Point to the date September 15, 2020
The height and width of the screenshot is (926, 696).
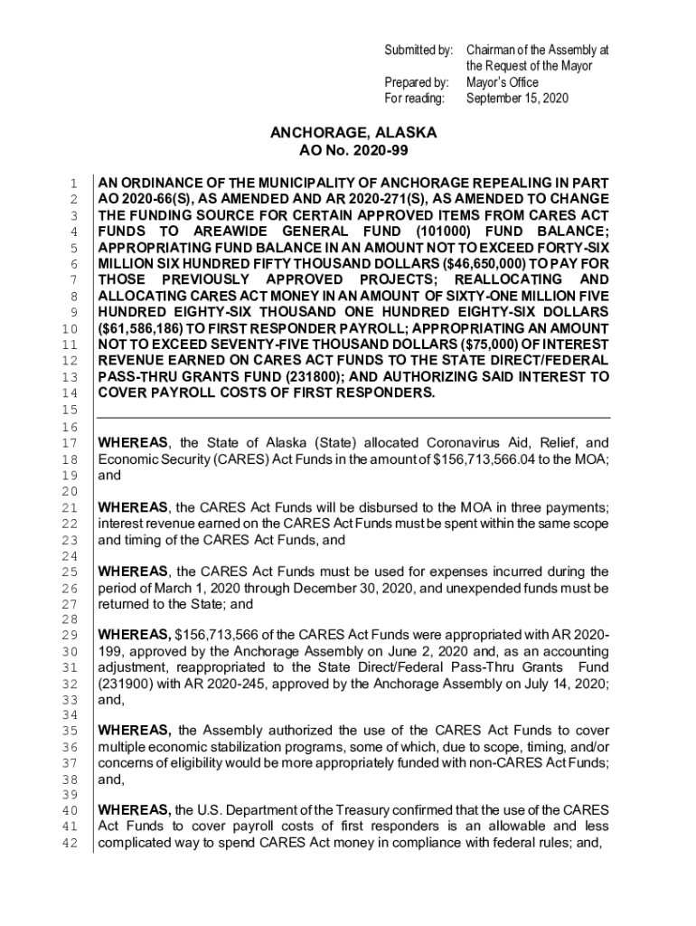[518, 98]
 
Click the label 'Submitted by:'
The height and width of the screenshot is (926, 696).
[419, 51]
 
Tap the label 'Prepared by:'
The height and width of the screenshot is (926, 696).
[417, 82]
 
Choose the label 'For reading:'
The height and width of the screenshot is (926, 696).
[415, 98]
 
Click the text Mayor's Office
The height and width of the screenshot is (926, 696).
[504, 82]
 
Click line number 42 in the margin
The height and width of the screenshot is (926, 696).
[77, 845]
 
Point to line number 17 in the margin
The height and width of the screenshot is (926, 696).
[77, 443]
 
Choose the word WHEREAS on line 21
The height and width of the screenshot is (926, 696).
[133, 506]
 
